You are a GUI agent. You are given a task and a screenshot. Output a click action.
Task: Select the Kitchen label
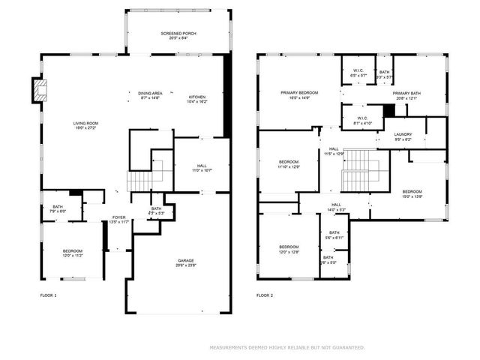tap(196, 99)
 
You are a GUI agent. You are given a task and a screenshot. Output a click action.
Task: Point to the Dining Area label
tap(150, 95)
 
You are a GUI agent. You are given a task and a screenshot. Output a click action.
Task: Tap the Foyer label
tap(118, 219)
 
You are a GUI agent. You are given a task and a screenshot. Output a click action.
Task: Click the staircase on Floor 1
tap(140, 181)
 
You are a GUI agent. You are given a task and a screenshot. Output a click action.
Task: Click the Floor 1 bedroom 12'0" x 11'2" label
tap(72, 253)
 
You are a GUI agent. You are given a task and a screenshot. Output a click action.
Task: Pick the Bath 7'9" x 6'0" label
tap(58, 209)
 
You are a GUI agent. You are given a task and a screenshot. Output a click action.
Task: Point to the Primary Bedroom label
tap(299, 94)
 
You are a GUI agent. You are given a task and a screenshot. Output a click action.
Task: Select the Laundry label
tap(403, 136)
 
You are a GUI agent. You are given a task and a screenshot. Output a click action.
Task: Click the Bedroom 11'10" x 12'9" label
tap(289, 164)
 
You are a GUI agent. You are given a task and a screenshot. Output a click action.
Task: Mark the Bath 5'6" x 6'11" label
tap(334, 235)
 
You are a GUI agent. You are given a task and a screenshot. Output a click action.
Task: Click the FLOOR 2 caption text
tap(265, 295)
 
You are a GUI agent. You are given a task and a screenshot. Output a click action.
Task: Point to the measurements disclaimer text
tap(286, 347)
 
